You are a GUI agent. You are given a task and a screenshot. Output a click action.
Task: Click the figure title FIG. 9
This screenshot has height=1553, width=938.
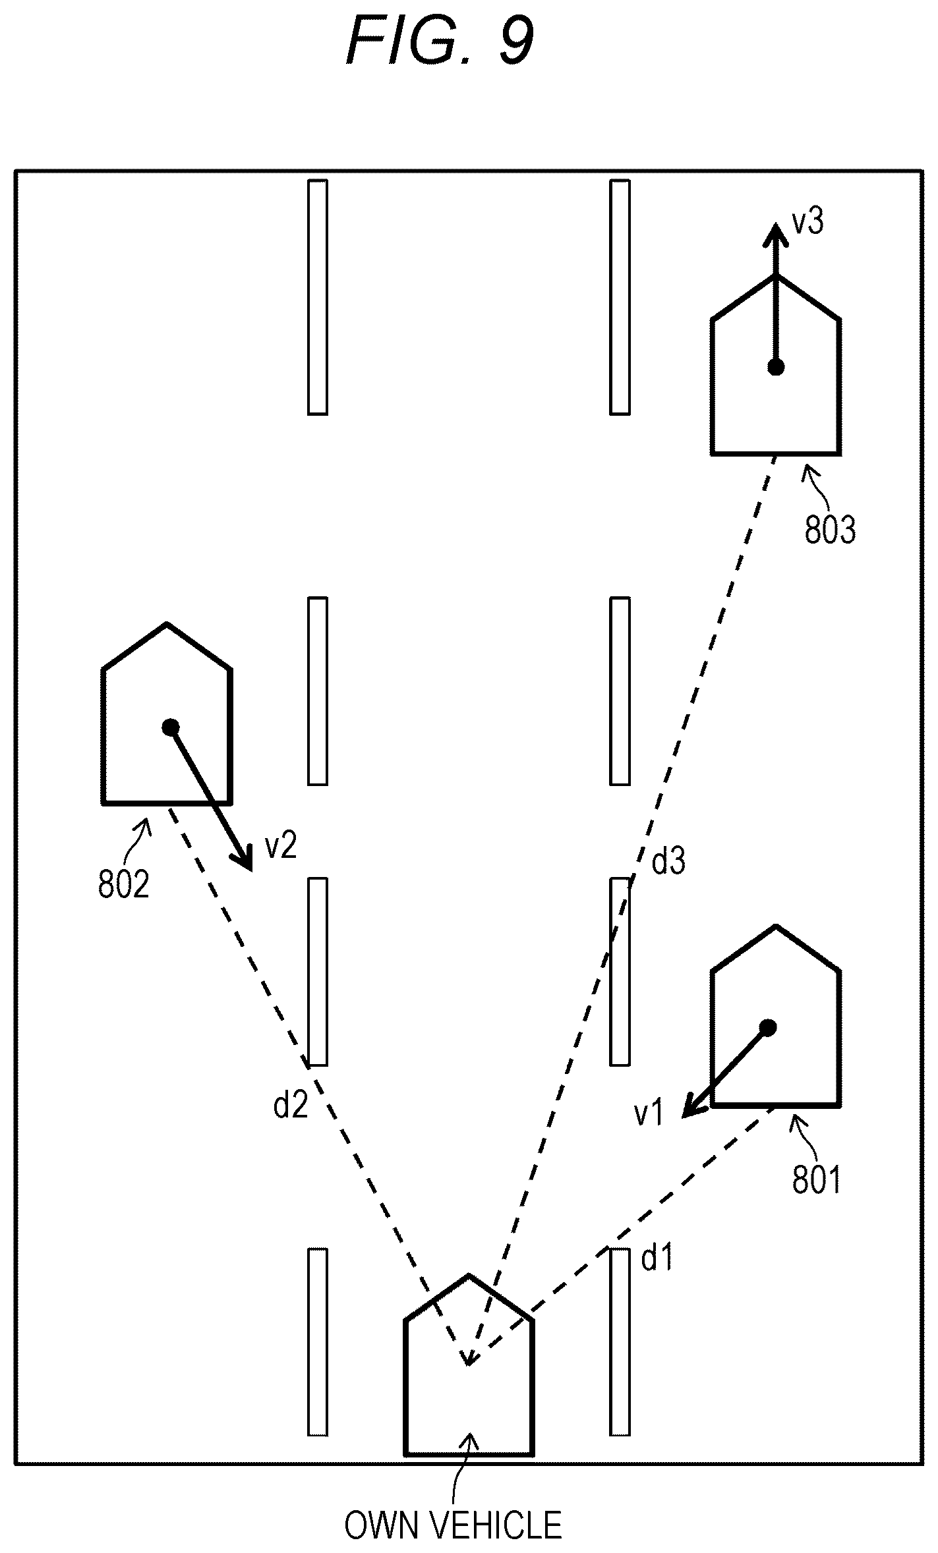[440, 41]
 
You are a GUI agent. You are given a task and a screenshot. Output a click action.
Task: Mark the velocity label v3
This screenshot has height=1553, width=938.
[807, 222]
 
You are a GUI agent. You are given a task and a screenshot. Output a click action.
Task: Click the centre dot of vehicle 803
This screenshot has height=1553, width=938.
[776, 367]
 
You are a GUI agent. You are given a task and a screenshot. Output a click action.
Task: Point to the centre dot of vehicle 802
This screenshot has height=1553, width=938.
[171, 727]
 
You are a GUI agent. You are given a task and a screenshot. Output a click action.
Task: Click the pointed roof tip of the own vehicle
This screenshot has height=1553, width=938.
[469, 1275]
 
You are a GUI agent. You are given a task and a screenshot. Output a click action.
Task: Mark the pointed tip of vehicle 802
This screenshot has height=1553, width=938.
[167, 623]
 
